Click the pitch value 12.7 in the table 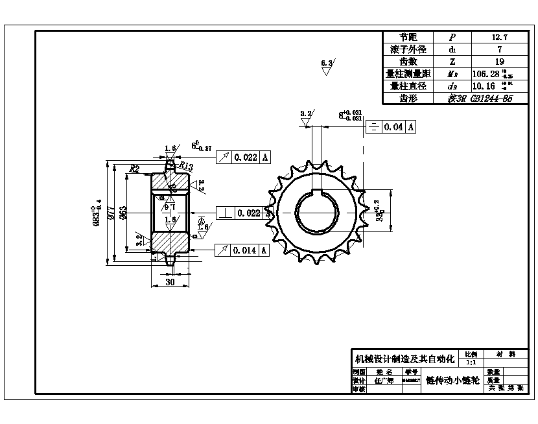[499, 38]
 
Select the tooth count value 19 [499, 62]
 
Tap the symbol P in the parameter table [452, 38]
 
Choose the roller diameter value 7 [499, 49]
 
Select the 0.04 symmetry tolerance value [393, 127]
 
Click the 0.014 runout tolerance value [246, 250]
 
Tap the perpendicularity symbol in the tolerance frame [224, 213]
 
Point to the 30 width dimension [169, 282]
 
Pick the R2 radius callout [134, 169]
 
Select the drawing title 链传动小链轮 [452, 381]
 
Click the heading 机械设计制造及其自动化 [404, 359]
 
